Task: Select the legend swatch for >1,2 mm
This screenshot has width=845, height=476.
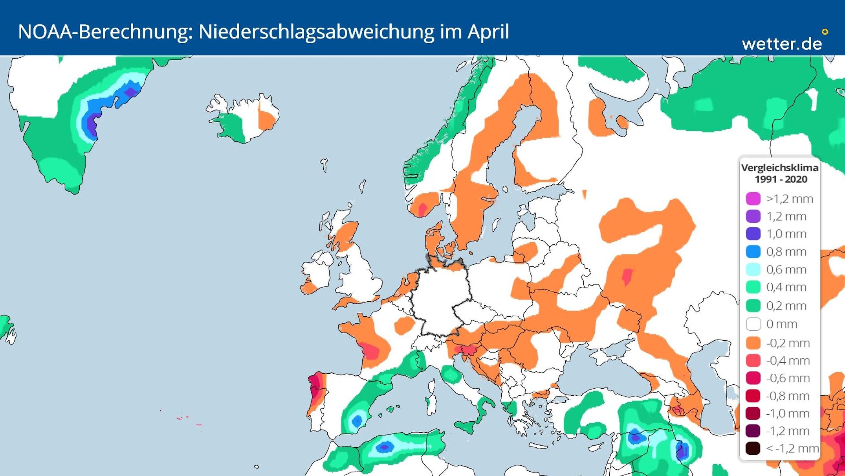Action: tap(753, 199)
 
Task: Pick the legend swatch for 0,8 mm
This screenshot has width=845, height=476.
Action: tap(753, 251)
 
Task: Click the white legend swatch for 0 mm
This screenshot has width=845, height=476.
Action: tap(753, 324)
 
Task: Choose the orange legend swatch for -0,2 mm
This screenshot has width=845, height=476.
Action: tap(753, 343)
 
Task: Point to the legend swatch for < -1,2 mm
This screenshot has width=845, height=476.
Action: tap(753, 448)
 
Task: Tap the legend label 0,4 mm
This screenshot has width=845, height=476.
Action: tap(786, 287)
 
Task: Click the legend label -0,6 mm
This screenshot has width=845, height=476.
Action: tap(788, 378)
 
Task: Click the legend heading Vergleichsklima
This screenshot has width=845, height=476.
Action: tap(780, 168)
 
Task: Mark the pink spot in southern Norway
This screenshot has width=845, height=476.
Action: tap(423, 209)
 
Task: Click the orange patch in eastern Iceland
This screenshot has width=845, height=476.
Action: tap(267, 120)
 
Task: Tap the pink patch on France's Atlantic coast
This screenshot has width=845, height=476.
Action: tap(370, 351)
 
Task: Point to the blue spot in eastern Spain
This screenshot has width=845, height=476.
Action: tap(357, 421)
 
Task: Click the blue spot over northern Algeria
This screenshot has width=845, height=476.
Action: tap(385, 447)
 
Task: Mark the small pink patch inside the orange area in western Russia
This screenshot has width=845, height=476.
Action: tap(627, 276)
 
